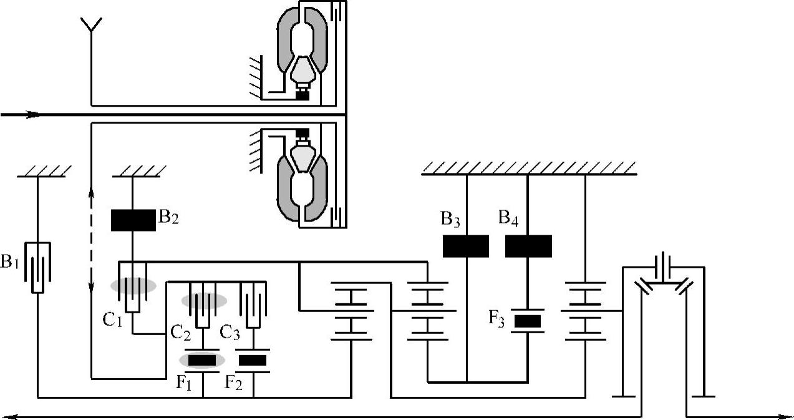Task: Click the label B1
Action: click(9, 261)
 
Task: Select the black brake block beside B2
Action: click(133, 220)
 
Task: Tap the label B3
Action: click(450, 219)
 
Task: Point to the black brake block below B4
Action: click(528, 246)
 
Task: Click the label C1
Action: click(112, 320)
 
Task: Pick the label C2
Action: click(180, 333)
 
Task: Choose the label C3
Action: click(230, 333)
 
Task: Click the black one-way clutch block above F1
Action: click(201, 361)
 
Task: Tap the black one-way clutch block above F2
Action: click(253, 361)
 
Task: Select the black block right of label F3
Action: click(528, 321)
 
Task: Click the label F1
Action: click(183, 383)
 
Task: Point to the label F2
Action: click(234, 383)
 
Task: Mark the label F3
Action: click(496, 318)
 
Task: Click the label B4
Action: click(508, 218)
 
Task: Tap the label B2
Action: click(168, 217)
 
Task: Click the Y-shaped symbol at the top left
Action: click(92, 26)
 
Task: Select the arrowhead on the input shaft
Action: click(34, 115)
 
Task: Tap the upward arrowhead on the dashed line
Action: click(91, 193)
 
